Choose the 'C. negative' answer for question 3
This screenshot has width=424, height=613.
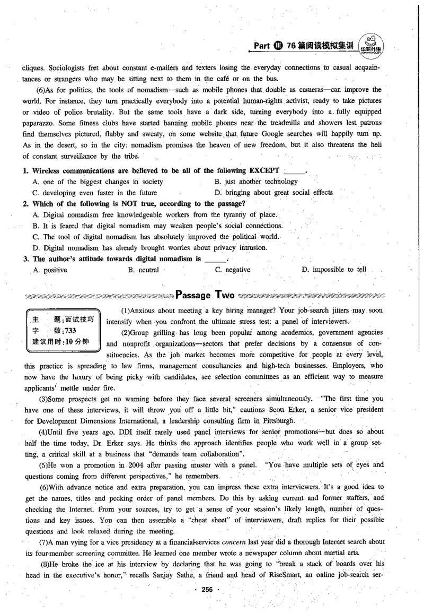coord(233,270)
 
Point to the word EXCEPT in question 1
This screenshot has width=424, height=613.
coord(261,171)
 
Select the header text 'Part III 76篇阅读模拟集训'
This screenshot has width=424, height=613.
coord(303,46)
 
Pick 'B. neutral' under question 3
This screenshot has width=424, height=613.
coord(144,270)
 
